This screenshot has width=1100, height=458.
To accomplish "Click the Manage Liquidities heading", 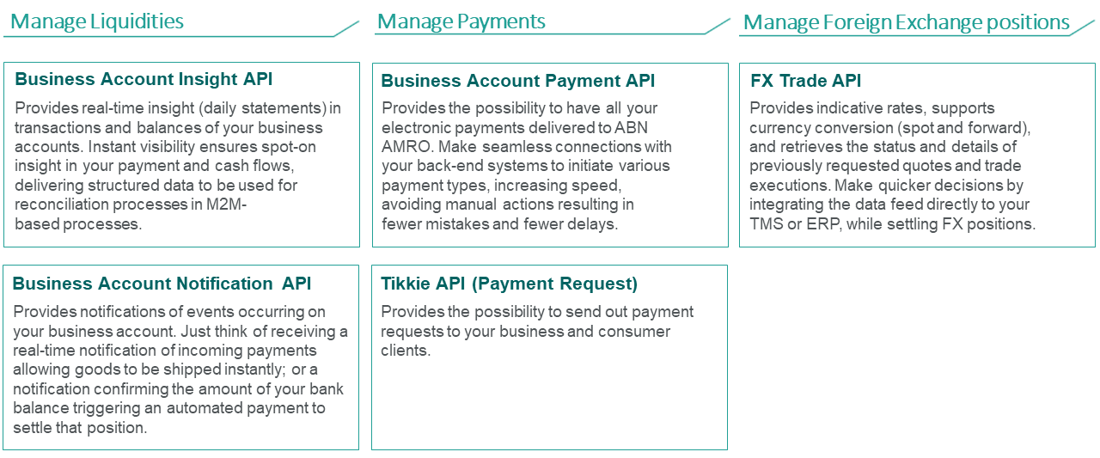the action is [x=97, y=21].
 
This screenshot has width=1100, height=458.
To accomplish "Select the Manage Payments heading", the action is [x=461, y=21].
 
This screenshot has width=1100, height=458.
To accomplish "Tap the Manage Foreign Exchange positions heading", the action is [x=907, y=22].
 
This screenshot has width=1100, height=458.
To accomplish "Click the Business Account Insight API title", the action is [x=144, y=79].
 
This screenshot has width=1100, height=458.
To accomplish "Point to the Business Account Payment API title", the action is [x=517, y=81].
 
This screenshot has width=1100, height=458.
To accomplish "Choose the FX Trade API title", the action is [x=805, y=81].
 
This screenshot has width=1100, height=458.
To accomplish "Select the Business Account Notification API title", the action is [x=162, y=284].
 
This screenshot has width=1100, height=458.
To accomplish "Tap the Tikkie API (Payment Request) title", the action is [x=510, y=284].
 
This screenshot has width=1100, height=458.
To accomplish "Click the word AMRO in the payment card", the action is [x=407, y=147].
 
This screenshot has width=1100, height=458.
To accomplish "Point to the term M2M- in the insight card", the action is [x=226, y=205].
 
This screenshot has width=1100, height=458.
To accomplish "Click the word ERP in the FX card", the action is [x=824, y=224].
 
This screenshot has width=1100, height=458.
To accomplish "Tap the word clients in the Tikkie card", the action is [x=406, y=351].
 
